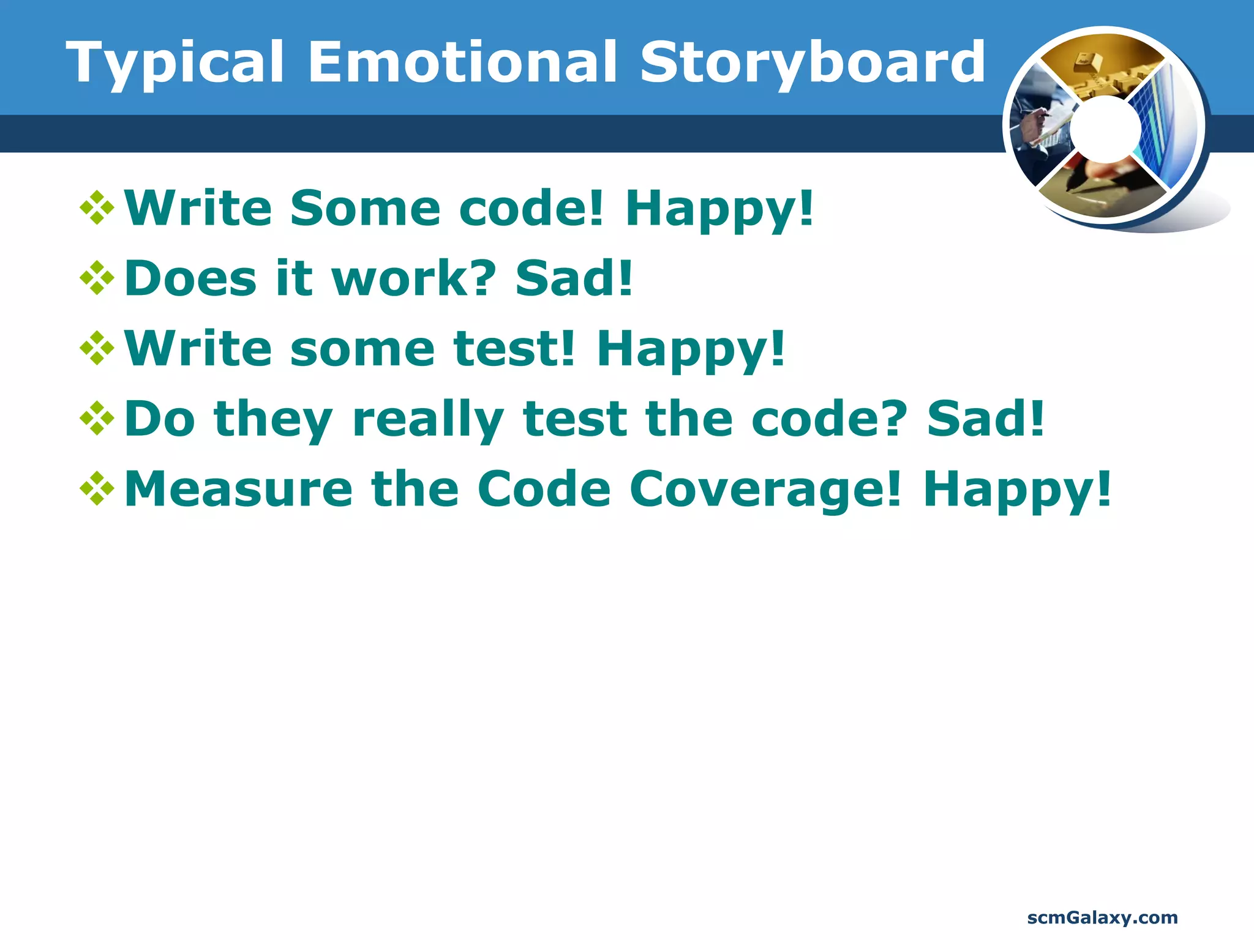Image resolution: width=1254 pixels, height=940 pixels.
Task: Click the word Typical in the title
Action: point(175,62)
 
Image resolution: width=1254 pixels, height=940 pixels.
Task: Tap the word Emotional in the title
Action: point(462,62)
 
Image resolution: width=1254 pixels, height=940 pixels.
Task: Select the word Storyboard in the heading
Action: point(812,62)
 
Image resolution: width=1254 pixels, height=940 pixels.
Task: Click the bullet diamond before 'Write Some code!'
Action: point(97,208)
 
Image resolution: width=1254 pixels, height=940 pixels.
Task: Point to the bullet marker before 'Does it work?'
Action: point(97,278)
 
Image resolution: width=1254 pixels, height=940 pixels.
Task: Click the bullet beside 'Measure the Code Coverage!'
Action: point(97,489)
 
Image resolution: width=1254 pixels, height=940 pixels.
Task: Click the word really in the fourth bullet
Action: point(428,420)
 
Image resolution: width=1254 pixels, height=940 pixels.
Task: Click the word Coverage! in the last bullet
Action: point(765,490)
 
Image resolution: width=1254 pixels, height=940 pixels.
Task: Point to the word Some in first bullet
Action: point(365,208)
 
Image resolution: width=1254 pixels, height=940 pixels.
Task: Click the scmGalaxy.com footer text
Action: point(1102,917)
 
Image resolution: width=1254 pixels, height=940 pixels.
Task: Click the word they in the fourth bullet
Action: point(273,420)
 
